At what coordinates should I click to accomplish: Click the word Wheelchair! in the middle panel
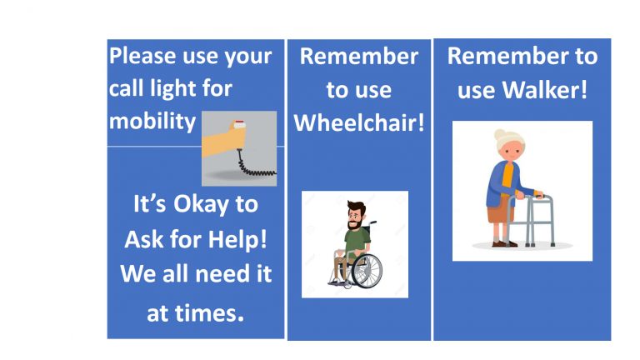click(359, 123)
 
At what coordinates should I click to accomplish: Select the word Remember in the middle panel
click(358, 57)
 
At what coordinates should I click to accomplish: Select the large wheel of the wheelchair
click(366, 269)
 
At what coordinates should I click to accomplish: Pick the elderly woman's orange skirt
click(499, 213)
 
